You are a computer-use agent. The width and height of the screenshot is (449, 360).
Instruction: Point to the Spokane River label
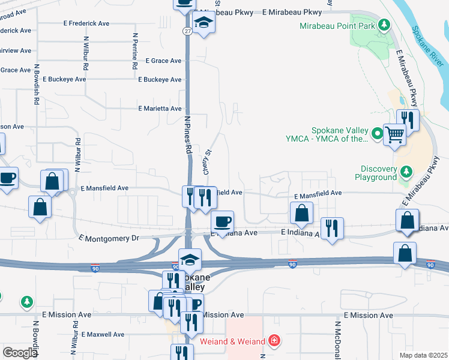pyautogui.click(x=428, y=46)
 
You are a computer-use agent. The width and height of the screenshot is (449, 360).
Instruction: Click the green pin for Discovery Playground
pyautogui.click(x=406, y=173)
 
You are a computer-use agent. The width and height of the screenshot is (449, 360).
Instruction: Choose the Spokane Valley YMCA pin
pyautogui.click(x=378, y=133)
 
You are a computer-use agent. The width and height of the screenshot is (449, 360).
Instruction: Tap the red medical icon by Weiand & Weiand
pyautogui.click(x=274, y=341)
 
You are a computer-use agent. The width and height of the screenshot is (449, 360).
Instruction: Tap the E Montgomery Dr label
pyautogui.click(x=109, y=238)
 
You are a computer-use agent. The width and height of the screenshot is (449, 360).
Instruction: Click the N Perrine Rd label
pyautogui.click(x=134, y=50)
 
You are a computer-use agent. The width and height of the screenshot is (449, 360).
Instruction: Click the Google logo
pyautogui.click(x=20, y=353)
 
